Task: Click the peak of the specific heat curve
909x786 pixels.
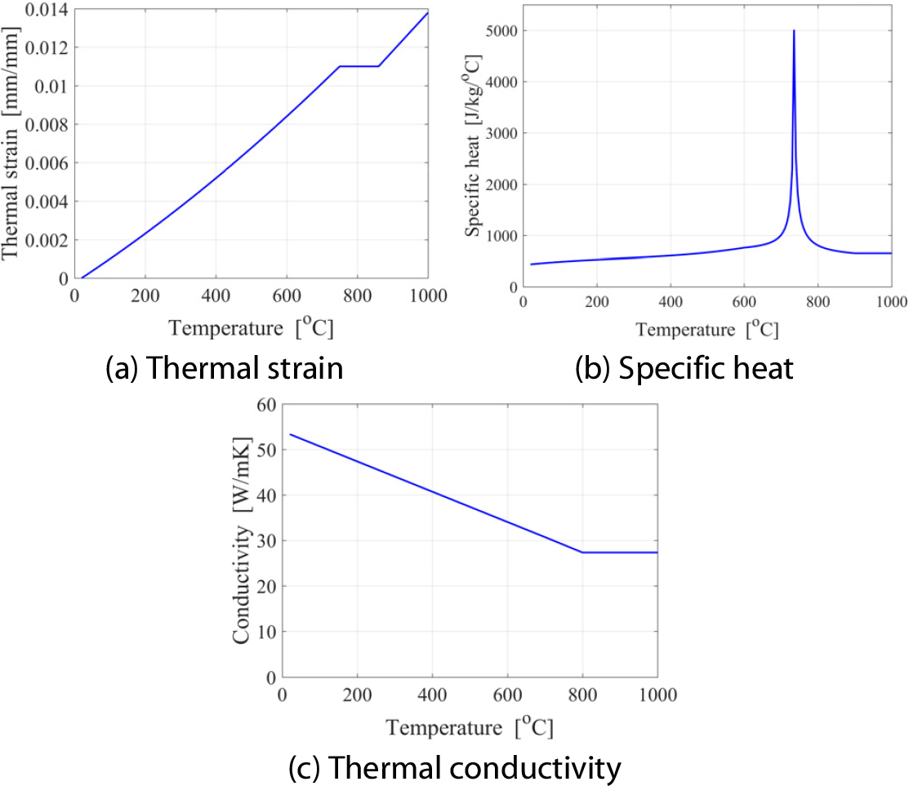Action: coord(793,31)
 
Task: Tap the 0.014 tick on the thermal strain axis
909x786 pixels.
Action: coord(45,9)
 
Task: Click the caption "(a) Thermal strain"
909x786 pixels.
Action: coord(225,369)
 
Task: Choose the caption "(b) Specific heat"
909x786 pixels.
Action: coord(684,369)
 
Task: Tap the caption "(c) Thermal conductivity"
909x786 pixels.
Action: coord(455,768)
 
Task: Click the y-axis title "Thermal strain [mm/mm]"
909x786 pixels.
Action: coord(11,144)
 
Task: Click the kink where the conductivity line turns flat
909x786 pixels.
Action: coord(582,553)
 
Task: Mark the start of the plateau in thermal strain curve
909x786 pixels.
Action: coord(340,66)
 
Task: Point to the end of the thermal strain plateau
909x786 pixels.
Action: coord(379,66)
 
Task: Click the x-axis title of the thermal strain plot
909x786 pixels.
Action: coord(252,328)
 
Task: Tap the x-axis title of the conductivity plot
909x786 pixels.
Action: coord(469,726)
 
